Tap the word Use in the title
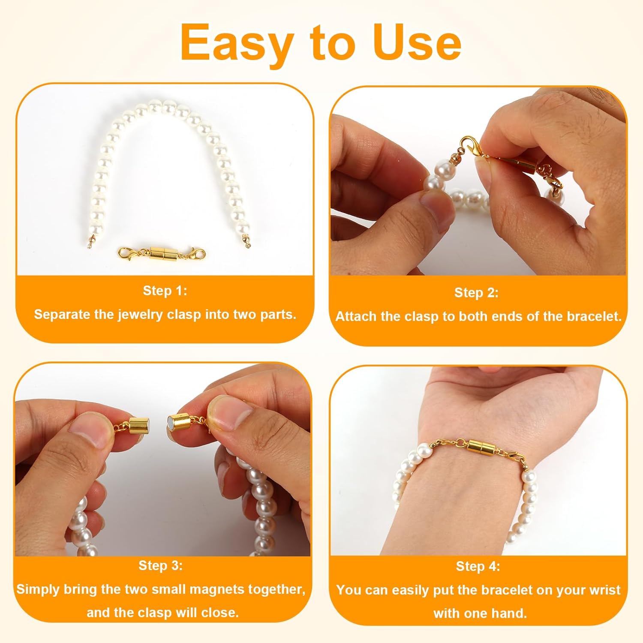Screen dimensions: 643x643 417,42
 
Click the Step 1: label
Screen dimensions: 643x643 165,291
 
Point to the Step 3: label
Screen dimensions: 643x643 160,565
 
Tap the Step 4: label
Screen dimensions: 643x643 478,566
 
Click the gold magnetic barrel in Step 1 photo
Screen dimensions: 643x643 162,253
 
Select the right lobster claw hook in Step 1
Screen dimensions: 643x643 198,255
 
